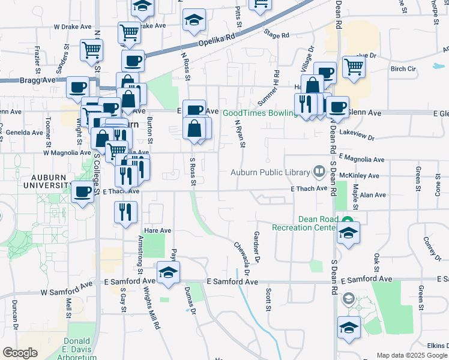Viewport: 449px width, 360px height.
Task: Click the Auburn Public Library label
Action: click(271, 173)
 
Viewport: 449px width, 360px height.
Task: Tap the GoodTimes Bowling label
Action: click(261, 113)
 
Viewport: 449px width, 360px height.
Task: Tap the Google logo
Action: click(20, 353)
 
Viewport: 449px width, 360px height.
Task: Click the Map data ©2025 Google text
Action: click(411, 355)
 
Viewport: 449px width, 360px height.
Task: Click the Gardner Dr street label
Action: click(257, 247)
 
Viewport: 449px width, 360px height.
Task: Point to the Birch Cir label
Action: click(403, 69)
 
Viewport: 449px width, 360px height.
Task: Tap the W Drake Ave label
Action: click(71, 27)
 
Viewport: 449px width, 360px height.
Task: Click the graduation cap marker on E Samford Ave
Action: click(169, 273)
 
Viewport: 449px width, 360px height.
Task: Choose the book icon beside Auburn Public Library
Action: click(319, 173)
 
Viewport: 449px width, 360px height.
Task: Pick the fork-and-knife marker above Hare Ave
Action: click(126, 212)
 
